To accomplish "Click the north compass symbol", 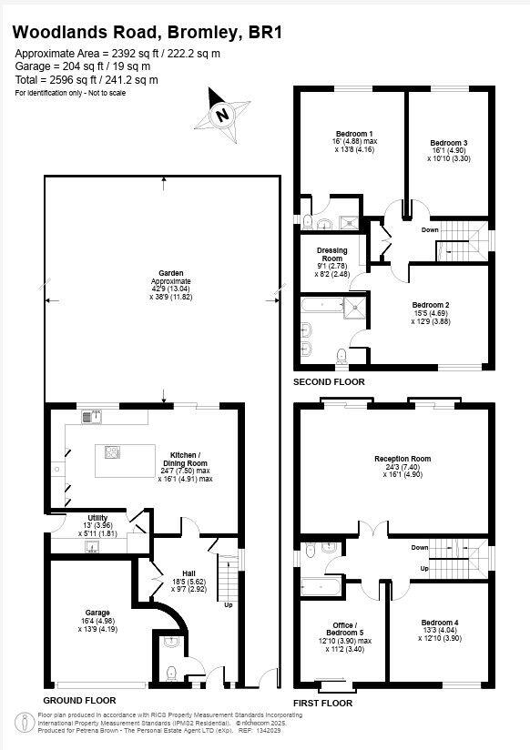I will [x=221, y=115].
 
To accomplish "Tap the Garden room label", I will [x=171, y=273].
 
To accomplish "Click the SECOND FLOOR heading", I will [x=328, y=381].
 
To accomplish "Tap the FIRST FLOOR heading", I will [x=322, y=704].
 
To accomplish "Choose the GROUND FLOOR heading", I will [x=79, y=701].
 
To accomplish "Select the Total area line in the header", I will [x=87, y=80].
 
